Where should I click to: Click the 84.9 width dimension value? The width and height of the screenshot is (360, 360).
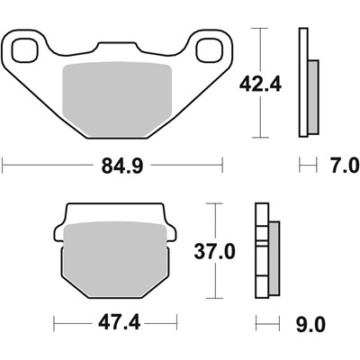point(113,166)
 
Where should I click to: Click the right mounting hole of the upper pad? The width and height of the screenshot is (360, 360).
point(212,50)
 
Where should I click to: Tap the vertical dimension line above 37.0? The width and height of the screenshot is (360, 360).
point(216,220)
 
